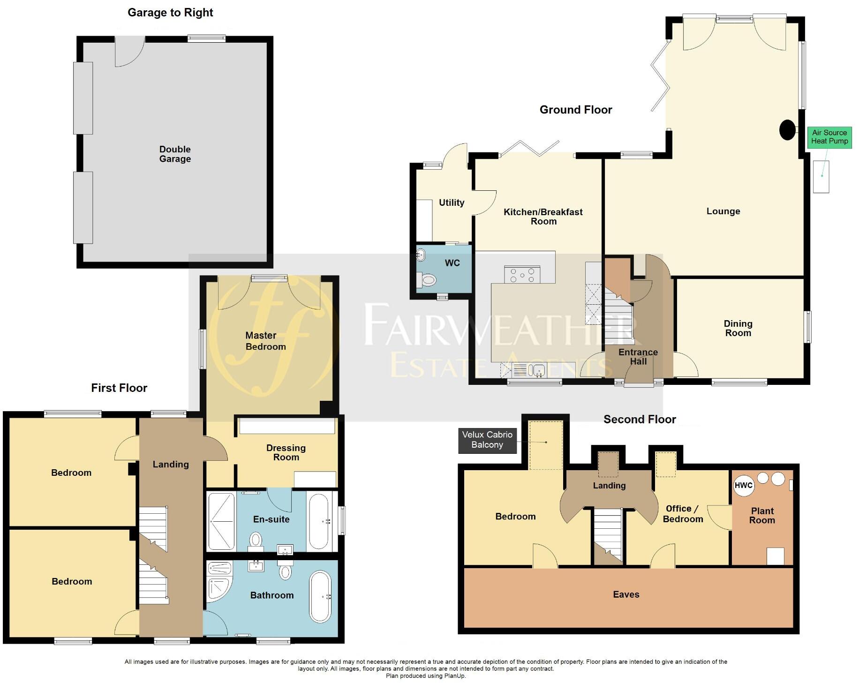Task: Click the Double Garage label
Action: tap(175, 154)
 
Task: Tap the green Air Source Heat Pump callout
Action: tap(829, 137)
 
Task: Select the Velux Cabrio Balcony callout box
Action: tap(487, 440)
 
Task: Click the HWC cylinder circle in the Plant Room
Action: tap(743, 485)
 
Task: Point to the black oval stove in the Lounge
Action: tap(787, 130)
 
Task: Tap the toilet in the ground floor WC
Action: tap(428, 280)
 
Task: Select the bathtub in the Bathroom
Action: tap(320, 596)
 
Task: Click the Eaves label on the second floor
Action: tap(626, 594)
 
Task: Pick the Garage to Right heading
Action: tap(170, 13)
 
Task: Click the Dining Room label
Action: tap(738, 328)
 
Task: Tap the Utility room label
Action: tap(452, 203)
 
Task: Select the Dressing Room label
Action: tap(286, 452)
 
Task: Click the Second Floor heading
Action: tap(639, 419)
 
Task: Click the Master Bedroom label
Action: tap(265, 341)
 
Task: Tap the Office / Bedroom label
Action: tap(682, 514)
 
